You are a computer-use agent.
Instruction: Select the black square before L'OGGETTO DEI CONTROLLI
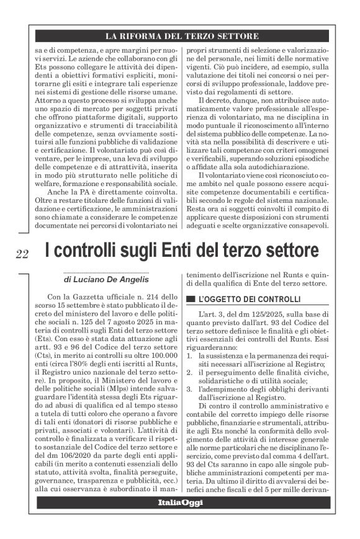pyautogui.click(x=191, y=298)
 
